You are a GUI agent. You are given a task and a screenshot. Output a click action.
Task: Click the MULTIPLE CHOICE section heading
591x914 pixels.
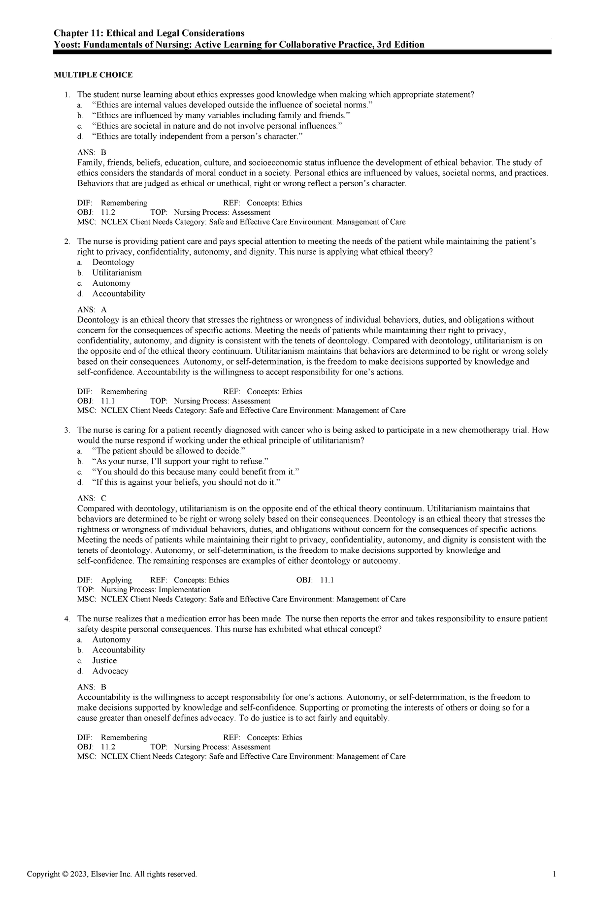pos(93,75)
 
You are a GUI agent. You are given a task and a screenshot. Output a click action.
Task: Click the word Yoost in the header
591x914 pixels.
pos(65,45)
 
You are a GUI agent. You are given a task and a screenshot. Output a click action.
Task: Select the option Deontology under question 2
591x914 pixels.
pos(113,262)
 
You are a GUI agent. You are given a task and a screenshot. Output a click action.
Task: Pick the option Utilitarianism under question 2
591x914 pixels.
pos(117,272)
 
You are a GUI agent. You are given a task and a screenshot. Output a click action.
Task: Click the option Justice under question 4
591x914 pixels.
pos(104,660)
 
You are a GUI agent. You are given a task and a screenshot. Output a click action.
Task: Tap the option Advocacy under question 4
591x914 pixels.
pos(110,671)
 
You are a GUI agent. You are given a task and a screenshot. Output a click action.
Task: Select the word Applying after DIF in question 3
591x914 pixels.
pos(116,580)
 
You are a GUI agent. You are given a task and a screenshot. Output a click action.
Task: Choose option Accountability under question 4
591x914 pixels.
pos(119,650)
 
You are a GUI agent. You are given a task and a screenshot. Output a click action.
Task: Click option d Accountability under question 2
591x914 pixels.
pos(119,294)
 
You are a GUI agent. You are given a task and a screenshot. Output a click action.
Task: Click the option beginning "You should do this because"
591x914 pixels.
pos(196,472)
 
